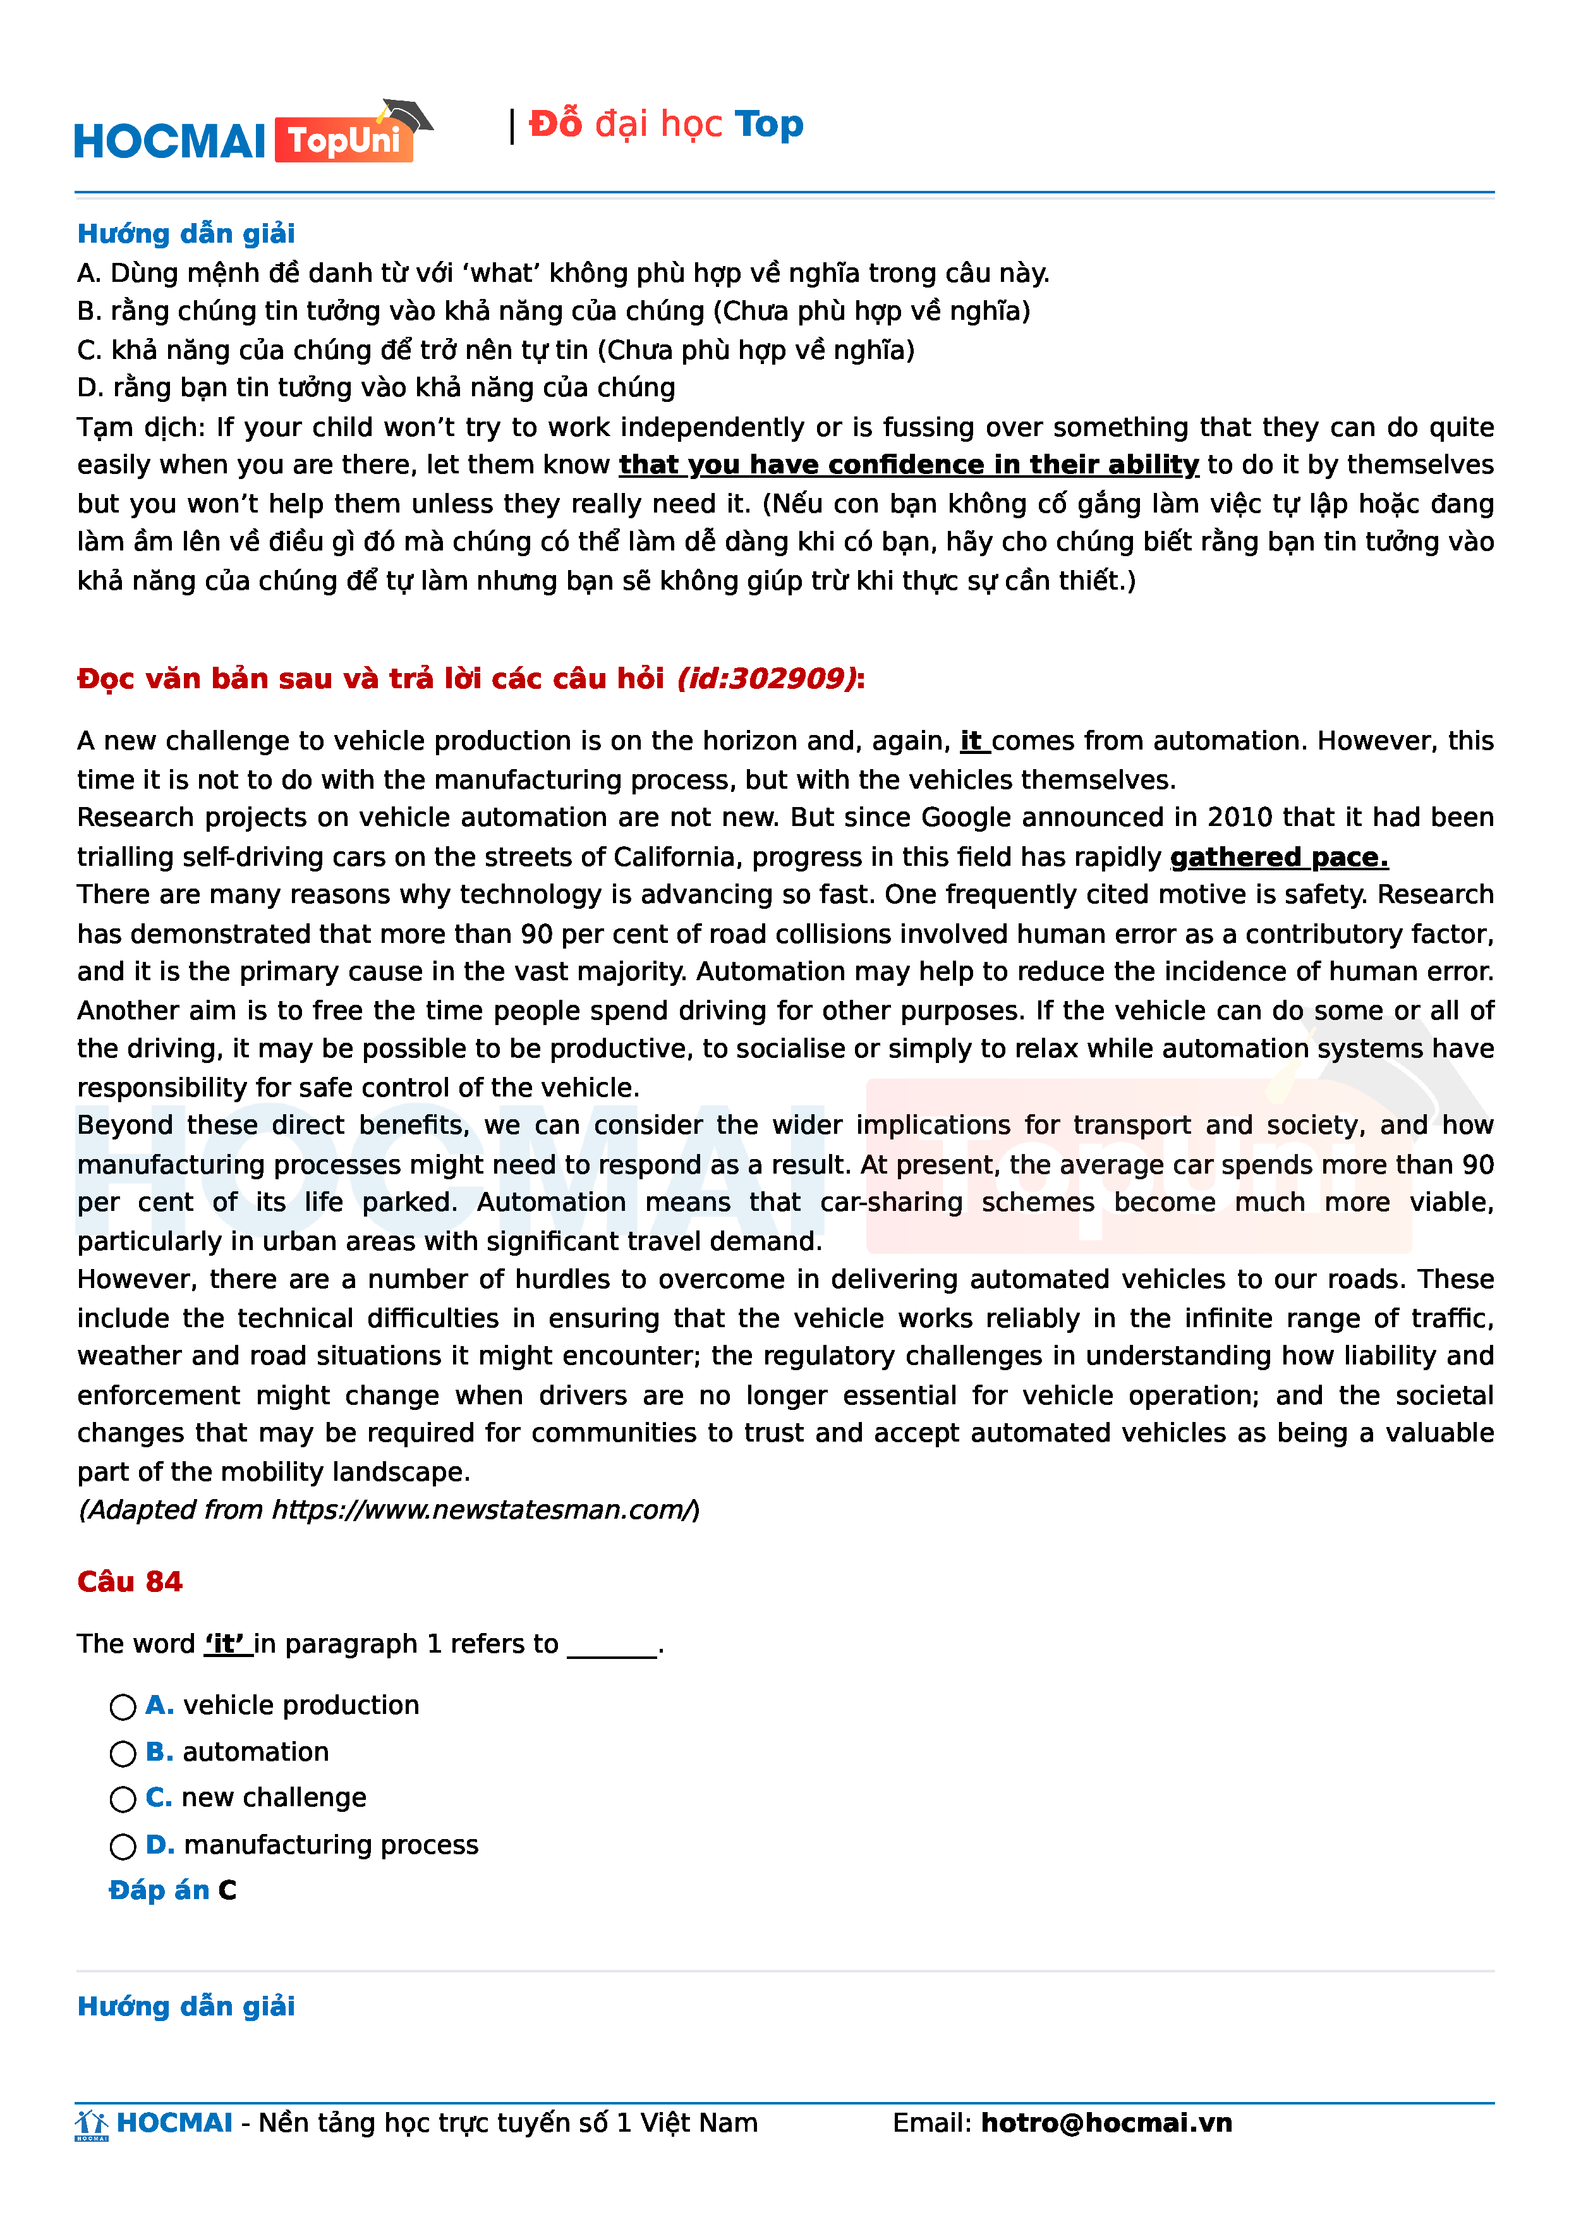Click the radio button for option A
pyautogui.click(x=123, y=1707)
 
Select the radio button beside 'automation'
pyautogui.click(x=123, y=1753)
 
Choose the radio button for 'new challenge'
pyautogui.click(x=123, y=1799)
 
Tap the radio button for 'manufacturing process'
pyautogui.click(x=123, y=1846)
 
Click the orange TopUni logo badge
pyautogui.click(x=344, y=141)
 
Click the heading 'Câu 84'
pyautogui.click(x=130, y=1581)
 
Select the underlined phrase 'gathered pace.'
pyautogui.click(x=1278, y=857)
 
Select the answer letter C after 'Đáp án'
pyautogui.click(x=227, y=1890)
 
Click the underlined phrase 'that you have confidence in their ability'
pyautogui.click(x=908, y=465)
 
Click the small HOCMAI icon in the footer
pyautogui.click(x=92, y=2124)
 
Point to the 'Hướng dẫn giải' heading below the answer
pyautogui.click(x=186, y=2007)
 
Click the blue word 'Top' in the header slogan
pyautogui.click(x=768, y=124)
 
